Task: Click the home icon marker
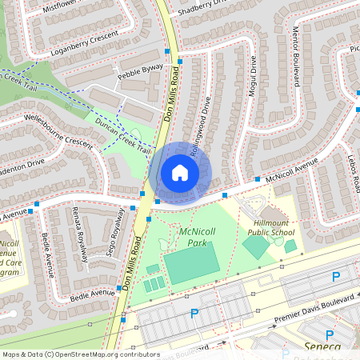[180, 173]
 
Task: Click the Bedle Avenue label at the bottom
[92, 295]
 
